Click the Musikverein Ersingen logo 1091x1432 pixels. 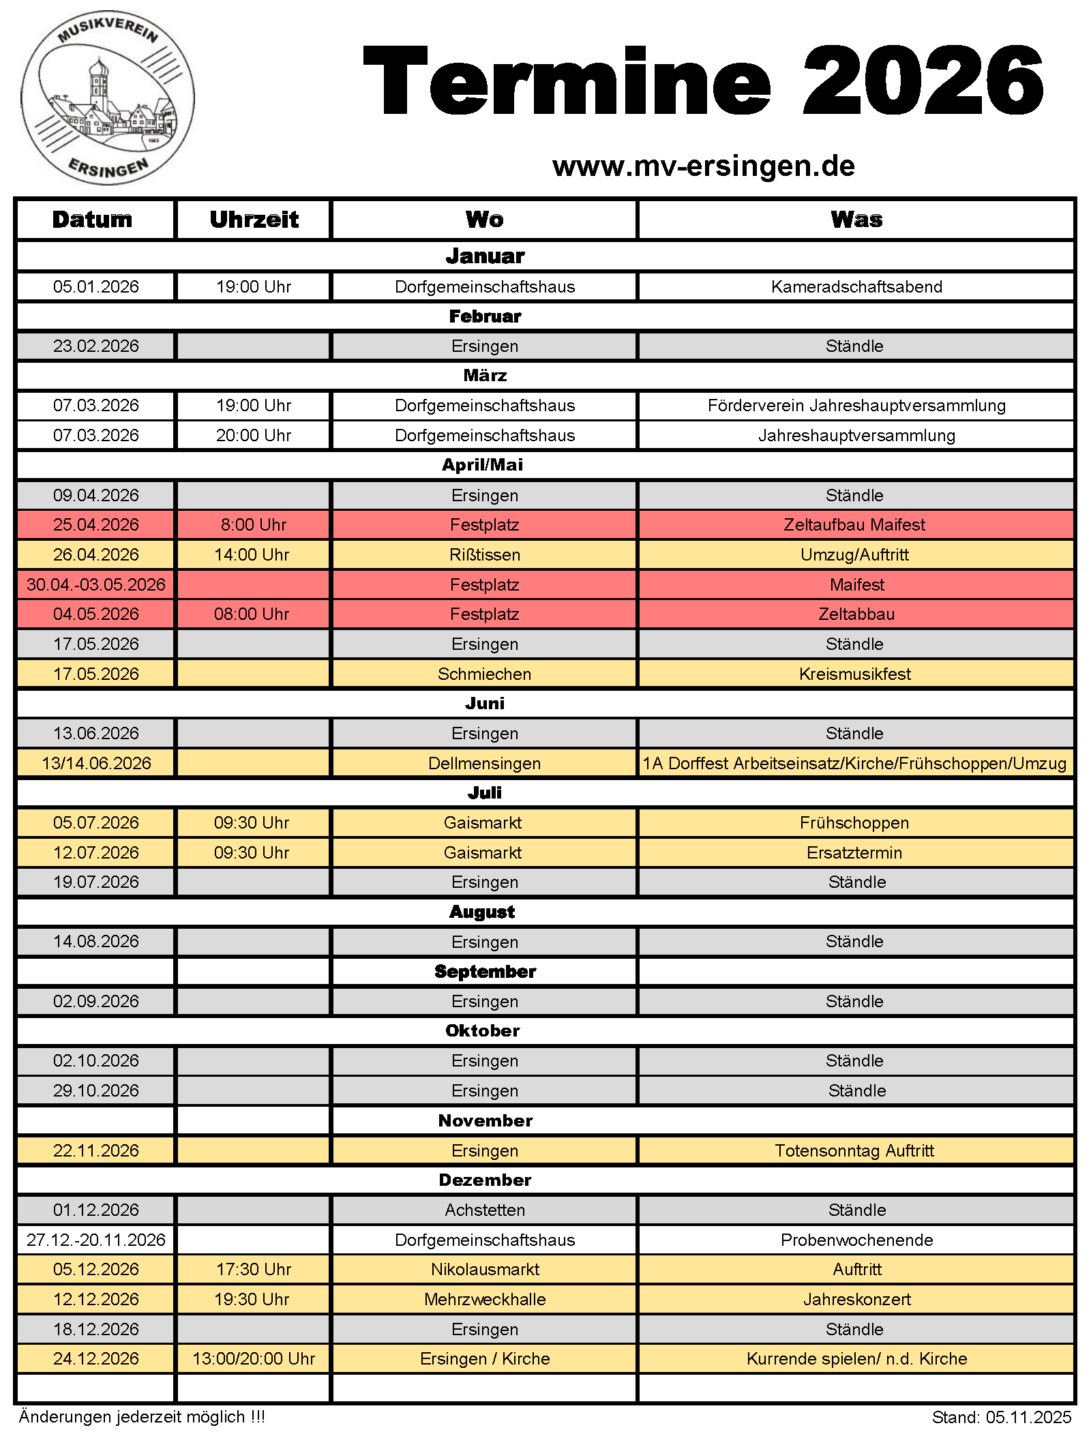click(108, 98)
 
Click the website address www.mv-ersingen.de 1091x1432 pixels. click(703, 166)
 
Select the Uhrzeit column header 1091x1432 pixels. click(254, 220)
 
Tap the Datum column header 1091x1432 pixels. click(93, 220)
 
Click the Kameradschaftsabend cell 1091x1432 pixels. click(856, 287)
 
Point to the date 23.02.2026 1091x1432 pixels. click(96, 346)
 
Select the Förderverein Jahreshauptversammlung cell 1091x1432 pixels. click(856, 406)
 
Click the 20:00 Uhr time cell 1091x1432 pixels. click(254, 436)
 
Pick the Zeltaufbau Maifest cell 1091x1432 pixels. click(854, 525)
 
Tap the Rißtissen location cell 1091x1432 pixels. click(485, 555)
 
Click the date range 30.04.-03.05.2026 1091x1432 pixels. click(96, 585)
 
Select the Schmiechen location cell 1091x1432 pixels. click(485, 674)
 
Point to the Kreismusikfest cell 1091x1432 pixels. click(855, 674)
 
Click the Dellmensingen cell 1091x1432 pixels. click(485, 764)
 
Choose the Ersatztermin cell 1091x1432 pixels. click(854, 853)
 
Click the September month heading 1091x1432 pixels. click(485, 972)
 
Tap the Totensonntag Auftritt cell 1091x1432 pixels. click(854, 1151)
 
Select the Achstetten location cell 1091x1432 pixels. click(485, 1210)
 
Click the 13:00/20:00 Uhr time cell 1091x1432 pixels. click(254, 1359)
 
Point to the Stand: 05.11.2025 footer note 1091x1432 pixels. click(1002, 1418)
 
